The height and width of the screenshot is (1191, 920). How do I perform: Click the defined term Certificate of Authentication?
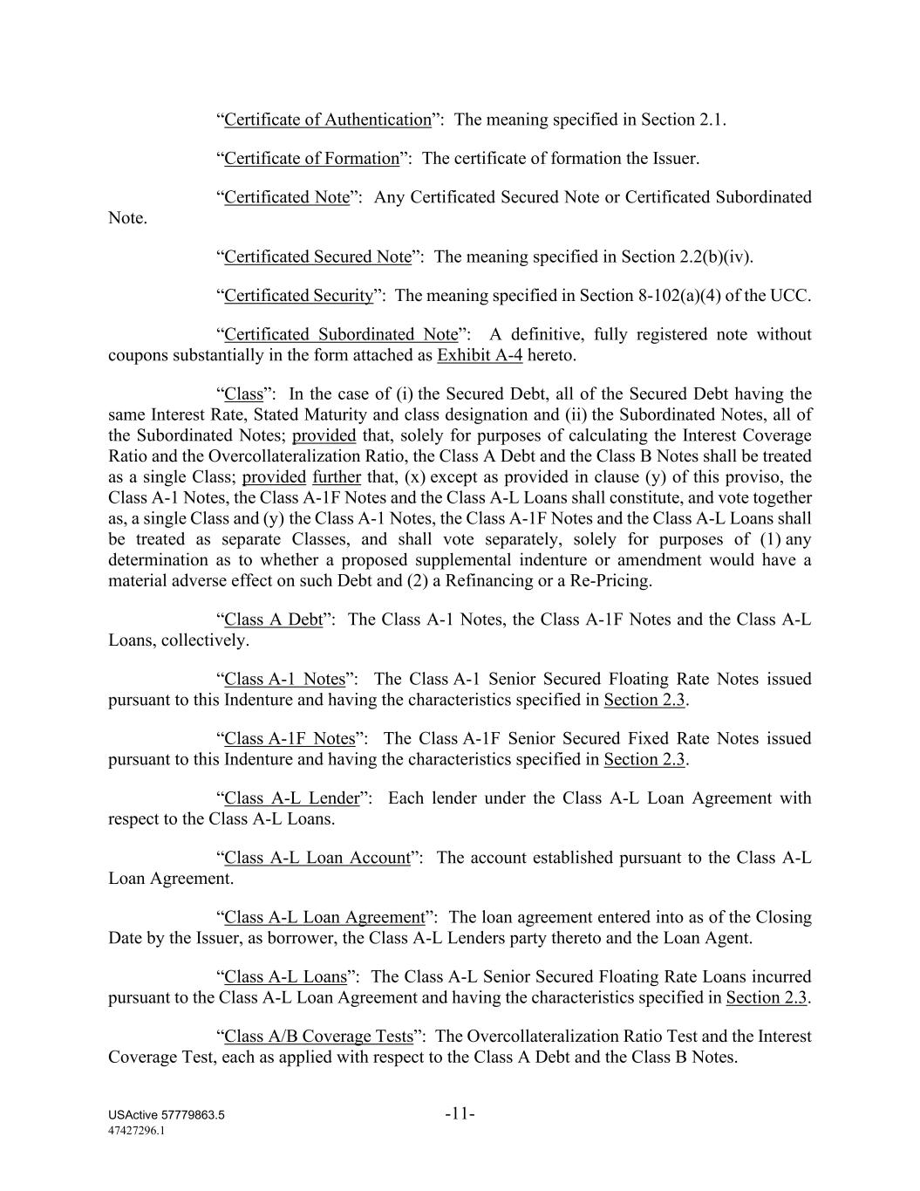click(x=327, y=120)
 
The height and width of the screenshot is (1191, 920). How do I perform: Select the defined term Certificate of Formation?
click(x=311, y=159)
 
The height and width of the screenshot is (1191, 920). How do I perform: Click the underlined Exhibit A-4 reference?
click(x=480, y=356)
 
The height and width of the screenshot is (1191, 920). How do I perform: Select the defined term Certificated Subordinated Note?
click(x=340, y=334)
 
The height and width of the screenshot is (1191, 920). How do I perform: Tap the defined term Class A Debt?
click(x=273, y=619)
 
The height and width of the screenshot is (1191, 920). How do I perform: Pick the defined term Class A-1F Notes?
click(x=290, y=738)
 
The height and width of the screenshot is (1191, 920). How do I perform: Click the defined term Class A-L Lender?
click(x=291, y=798)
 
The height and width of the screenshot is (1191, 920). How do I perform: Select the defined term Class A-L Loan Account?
click(x=317, y=858)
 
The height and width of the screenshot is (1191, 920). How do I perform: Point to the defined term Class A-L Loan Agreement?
click(x=324, y=917)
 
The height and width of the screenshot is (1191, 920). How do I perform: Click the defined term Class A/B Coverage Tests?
click(x=318, y=1037)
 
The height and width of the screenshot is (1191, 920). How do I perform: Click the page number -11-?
click(x=460, y=1113)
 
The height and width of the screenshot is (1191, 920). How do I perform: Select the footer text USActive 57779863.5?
click(x=167, y=1115)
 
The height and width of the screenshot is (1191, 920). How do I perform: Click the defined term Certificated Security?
click(x=298, y=296)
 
